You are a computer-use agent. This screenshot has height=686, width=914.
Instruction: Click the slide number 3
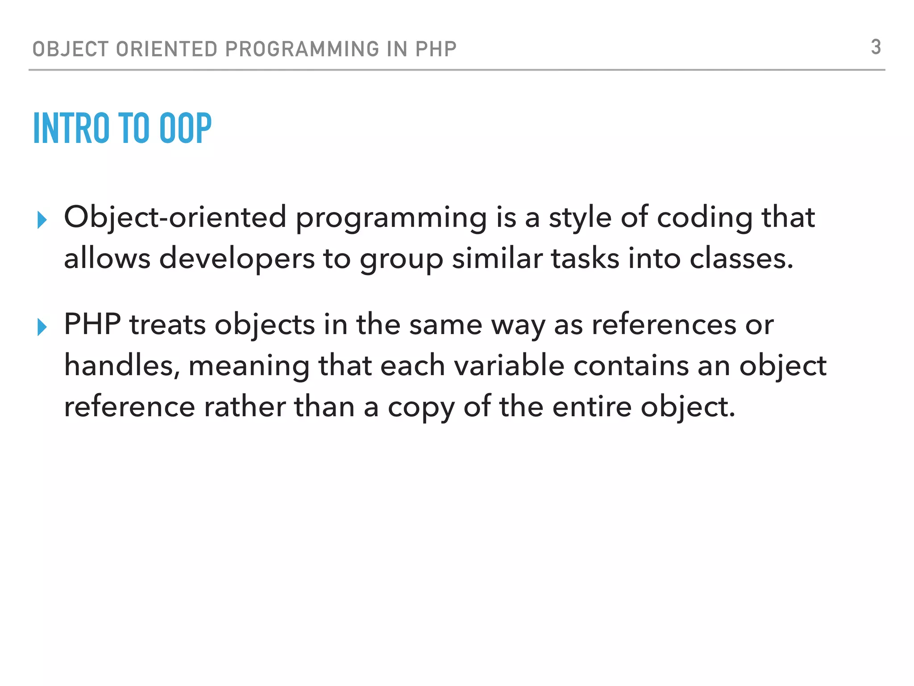click(876, 47)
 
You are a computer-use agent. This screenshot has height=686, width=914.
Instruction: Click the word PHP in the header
click(436, 49)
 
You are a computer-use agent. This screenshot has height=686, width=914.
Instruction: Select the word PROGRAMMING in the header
click(302, 49)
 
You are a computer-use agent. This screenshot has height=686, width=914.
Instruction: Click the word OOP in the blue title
click(185, 129)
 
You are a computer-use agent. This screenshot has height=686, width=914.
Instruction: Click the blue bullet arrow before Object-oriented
click(42, 220)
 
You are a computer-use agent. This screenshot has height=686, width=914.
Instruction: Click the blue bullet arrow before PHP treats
click(42, 327)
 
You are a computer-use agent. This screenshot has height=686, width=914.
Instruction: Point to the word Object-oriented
click(175, 218)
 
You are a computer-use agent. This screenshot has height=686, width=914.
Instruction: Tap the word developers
click(237, 259)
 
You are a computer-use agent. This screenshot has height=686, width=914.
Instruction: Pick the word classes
click(741, 259)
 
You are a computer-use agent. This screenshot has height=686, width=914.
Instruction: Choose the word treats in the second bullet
click(167, 325)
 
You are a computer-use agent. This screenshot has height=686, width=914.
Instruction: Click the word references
click(664, 325)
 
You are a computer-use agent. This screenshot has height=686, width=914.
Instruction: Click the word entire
click(592, 407)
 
